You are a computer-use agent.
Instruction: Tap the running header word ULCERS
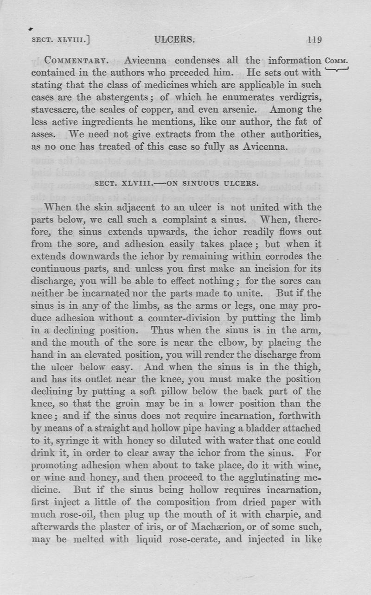[174, 39]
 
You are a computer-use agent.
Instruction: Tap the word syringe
[64, 440]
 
